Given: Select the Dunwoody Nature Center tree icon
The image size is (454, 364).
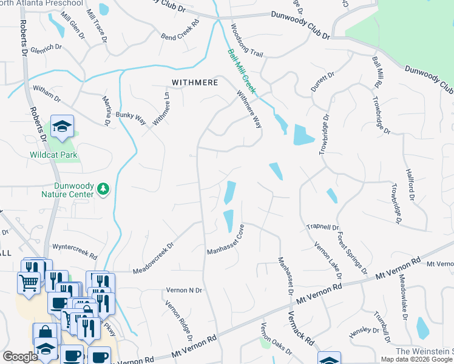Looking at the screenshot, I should tap(104, 189).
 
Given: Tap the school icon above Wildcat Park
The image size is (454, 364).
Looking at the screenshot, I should tap(62, 126).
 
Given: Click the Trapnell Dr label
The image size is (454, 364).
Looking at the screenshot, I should tap(323, 227).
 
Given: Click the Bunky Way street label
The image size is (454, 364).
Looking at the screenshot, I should tap(132, 118).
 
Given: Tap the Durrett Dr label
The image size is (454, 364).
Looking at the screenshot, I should tap(322, 81).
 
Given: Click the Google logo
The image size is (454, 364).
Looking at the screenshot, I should tap(20, 357).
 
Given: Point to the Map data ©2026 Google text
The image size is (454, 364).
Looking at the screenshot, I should tap(417, 359).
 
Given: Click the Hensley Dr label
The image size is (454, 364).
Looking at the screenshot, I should tap(364, 333).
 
